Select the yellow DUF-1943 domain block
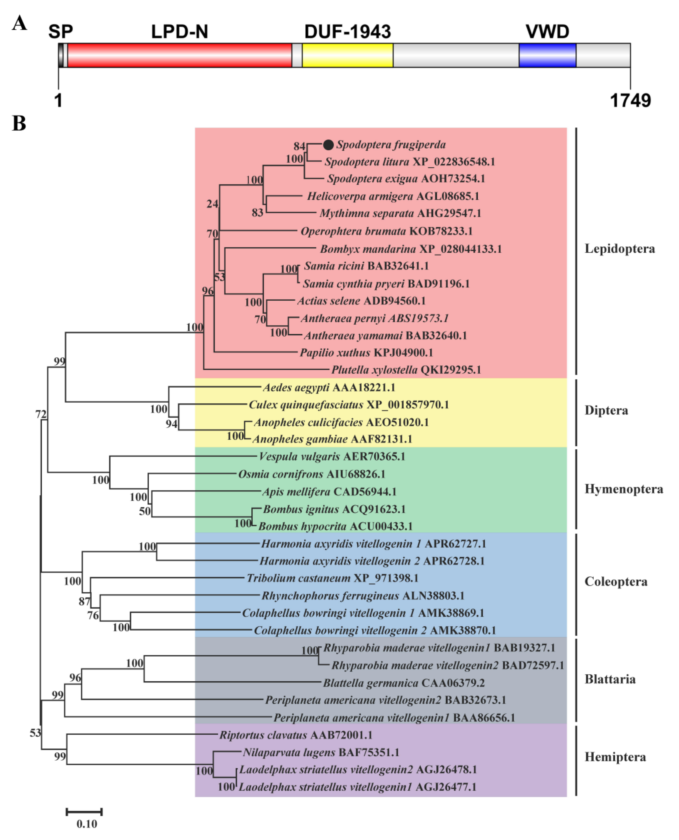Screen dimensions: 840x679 pos(347,55)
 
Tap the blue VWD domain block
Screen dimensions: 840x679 pos(547,55)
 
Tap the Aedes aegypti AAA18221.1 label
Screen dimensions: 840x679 pos(329,388)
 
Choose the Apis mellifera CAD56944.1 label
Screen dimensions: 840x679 pos(329,492)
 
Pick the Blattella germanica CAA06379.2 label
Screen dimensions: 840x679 pos(404,683)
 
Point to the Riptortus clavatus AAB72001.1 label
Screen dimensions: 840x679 pos(296,735)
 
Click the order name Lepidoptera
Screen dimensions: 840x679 pos(619,249)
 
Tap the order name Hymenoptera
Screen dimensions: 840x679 pos(623,489)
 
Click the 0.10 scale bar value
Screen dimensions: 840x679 pos(86,824)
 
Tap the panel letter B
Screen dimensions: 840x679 pos(19,123)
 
